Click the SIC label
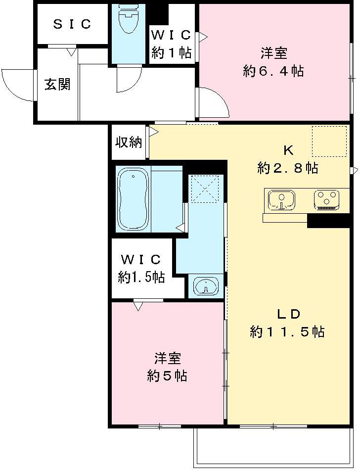[x=72, y=24]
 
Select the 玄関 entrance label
[x=57, y=85]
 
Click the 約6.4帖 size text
[x=273, y=71]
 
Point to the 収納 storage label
[x=129, y=143]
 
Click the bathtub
[x=133, y=199]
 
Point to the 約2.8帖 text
[x=287, y=168]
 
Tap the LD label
[x=288, y=314]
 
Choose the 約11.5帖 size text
[x=287, y=332]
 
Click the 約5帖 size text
[x=167, y=376]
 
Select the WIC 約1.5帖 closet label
[x=141, y=268]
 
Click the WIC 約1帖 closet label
[x=171, y=44]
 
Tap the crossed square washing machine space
[x=205, y=188]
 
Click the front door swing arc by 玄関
[x=16, y=85]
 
